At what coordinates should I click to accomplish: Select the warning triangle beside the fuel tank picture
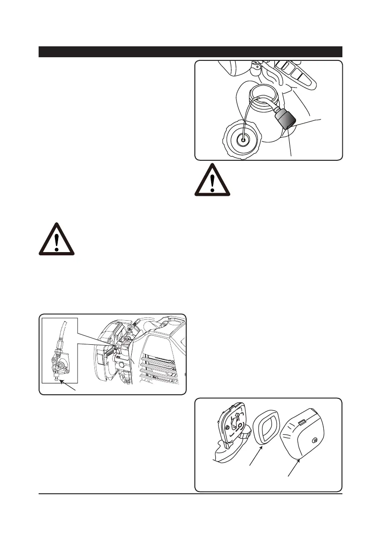pos(213,180)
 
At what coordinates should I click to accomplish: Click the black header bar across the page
pos(190,52)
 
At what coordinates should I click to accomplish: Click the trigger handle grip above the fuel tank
pos(295,75)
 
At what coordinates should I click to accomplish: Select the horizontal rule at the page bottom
pos(190,494)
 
